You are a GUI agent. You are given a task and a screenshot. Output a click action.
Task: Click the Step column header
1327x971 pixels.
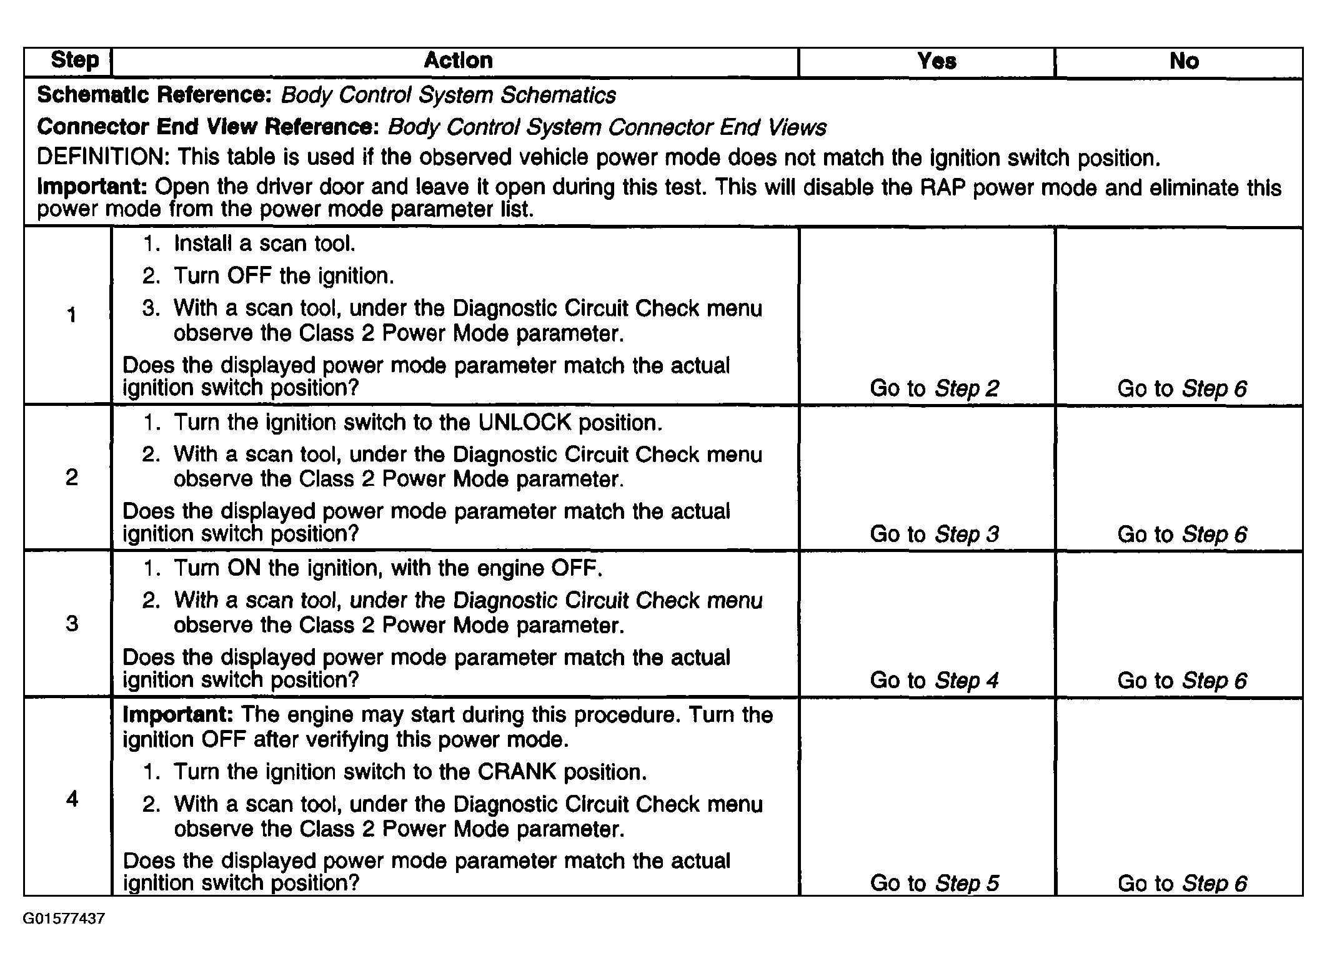tap(74, 61)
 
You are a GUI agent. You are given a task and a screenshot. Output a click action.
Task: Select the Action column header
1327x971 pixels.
tap(458, 61)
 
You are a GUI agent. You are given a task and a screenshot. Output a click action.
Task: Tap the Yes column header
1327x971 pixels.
tap(937, 61)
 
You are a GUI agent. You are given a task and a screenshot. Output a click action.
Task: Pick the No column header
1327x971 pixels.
tap(1184, 61)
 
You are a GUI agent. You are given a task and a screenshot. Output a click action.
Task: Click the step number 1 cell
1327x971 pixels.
tap(72, 315)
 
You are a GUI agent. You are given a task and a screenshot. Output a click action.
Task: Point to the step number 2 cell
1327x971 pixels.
tap(72, 478)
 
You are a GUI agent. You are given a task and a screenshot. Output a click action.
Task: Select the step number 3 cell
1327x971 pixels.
tap(72, 624)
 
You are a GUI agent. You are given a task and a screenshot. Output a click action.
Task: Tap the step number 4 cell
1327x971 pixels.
tap(72, 799)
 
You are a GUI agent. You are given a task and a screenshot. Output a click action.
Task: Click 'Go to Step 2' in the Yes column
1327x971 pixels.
tap(934, 389)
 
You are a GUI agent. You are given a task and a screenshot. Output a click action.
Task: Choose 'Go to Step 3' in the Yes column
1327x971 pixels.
tap(934, 535)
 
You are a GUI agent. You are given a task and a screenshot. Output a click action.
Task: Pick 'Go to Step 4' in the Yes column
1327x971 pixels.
tap(934, 681)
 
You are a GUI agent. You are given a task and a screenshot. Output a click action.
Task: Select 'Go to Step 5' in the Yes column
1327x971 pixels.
tap(934, 884)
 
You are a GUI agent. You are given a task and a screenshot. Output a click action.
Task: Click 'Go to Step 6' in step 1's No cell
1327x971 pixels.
tap(1181, 389)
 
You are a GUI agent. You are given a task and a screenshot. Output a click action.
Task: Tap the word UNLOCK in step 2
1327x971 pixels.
tap(524, 423)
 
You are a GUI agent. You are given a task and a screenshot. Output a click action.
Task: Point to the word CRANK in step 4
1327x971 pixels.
tap(517, 772)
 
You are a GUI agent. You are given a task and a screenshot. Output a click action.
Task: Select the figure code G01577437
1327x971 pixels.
tap(64, 919)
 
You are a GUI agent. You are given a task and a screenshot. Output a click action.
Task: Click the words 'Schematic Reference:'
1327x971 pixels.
tap(154, 96)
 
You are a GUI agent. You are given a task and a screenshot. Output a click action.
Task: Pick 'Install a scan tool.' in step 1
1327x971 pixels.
tap(264, 244)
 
